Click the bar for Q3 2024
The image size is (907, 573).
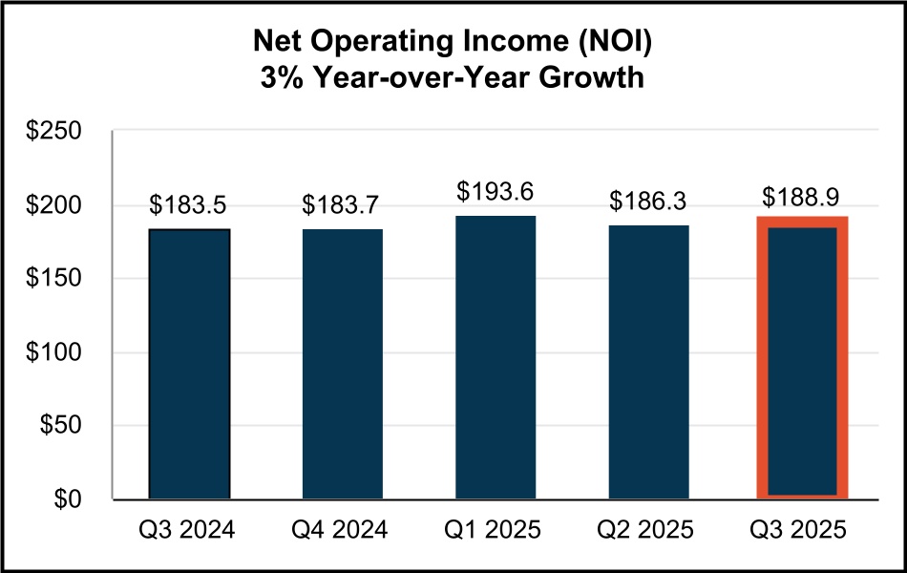pos(189,364)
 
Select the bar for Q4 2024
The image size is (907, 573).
pos(343,364)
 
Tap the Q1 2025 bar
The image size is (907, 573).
pos(496,357)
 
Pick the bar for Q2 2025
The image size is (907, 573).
pos(648,362)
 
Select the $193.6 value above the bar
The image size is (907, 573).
pos(496,192)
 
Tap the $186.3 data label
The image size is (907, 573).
pos(648,202)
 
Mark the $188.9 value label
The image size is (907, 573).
pos(802,197)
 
